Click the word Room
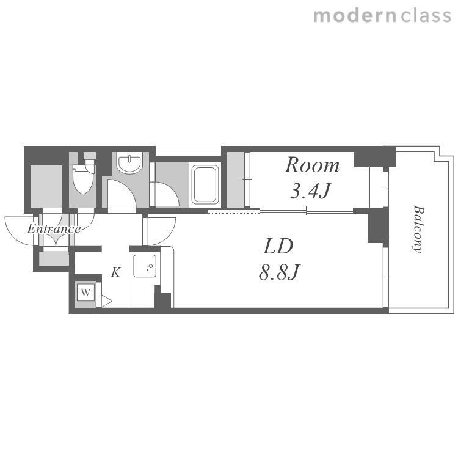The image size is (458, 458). tap(312, 165)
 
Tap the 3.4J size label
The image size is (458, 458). tap(310, 191)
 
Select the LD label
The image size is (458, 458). tap(278, 246)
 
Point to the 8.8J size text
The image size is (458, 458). tap(279, 272)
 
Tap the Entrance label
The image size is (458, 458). tap(54, 229)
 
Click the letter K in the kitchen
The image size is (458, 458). tap(115, 272)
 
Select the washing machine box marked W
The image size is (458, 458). tap(85, 292)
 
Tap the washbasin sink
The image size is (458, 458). tap(129, 162)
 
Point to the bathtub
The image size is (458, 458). tap(205, 184)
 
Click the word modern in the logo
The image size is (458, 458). tap(355, 15)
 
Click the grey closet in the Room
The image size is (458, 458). tap(236, 180)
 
